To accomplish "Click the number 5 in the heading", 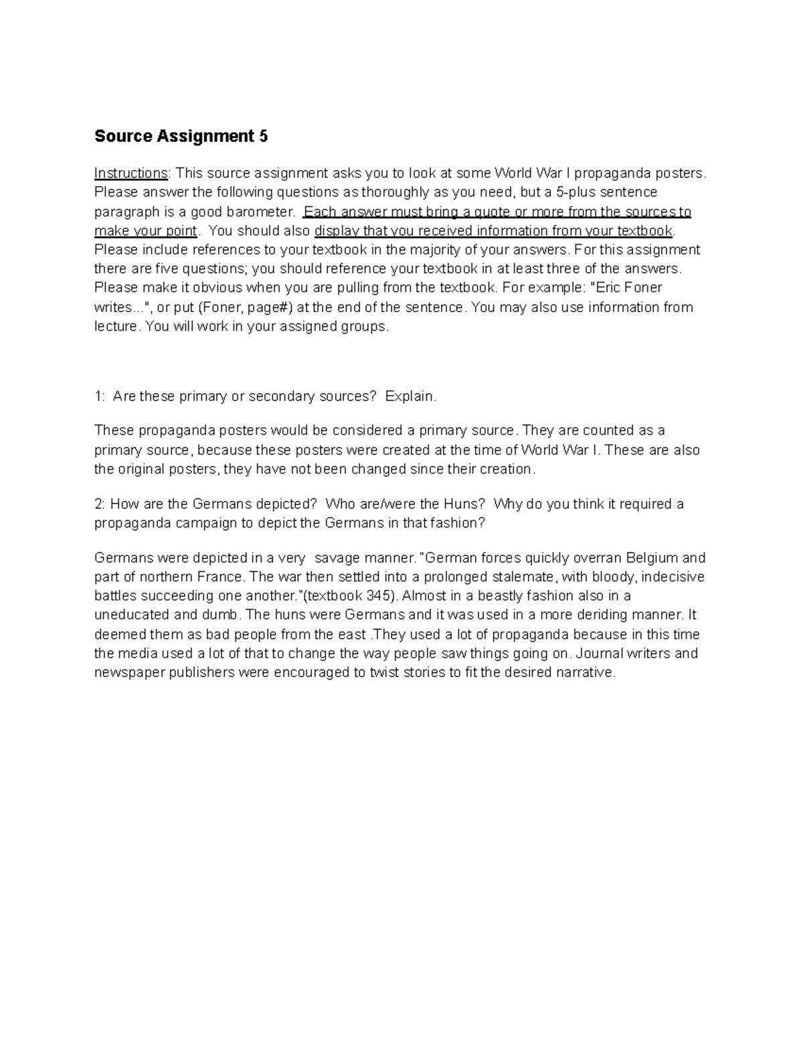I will coord(263,137).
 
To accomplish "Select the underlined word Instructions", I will coord(130,173).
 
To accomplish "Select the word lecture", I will coord(116,327).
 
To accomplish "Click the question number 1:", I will coord(100,396).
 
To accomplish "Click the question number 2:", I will coord(100,504).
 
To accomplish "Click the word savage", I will coord(338,559).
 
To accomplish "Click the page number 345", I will coord(378,597).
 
